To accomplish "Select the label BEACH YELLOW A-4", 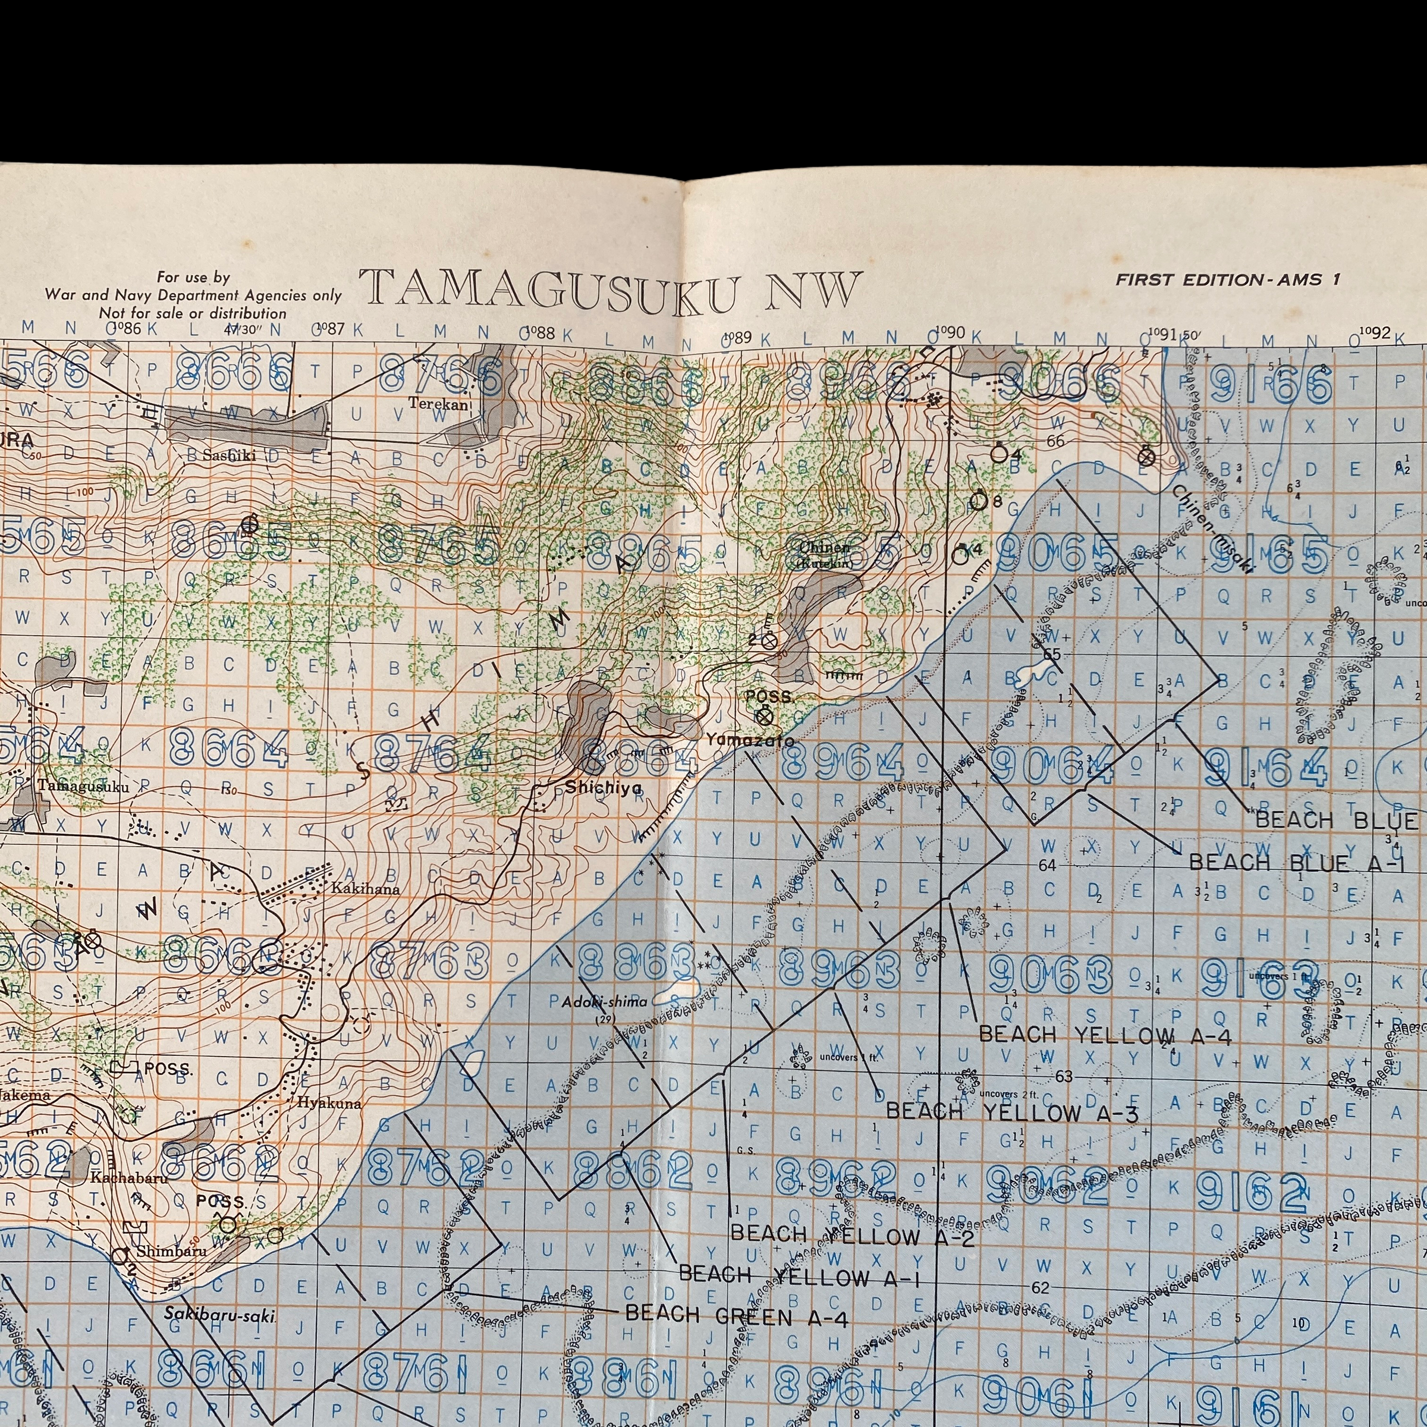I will coord(1104,1036).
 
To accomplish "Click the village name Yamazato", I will coord(750,739).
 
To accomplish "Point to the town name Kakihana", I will coord(365,888).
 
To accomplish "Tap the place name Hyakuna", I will coord(329,1104).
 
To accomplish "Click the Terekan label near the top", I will coord(439,404).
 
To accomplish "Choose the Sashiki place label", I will coord(229,455).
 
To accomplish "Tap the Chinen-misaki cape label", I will coord(1211,528).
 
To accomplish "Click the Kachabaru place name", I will coord(128,1177).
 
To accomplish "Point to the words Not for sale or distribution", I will coord(193,313).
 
